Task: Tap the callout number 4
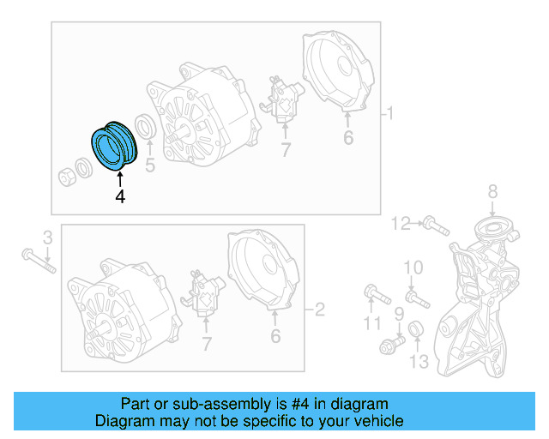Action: [120, 197]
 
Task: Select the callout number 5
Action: [150, 165]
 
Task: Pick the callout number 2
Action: [320, 309]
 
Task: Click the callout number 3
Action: [48, 236]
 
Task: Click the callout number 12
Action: [401, 224]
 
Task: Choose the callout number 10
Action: [413, 268]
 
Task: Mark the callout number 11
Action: [371, 323]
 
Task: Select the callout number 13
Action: [419, 362]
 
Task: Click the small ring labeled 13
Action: [416, 329]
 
